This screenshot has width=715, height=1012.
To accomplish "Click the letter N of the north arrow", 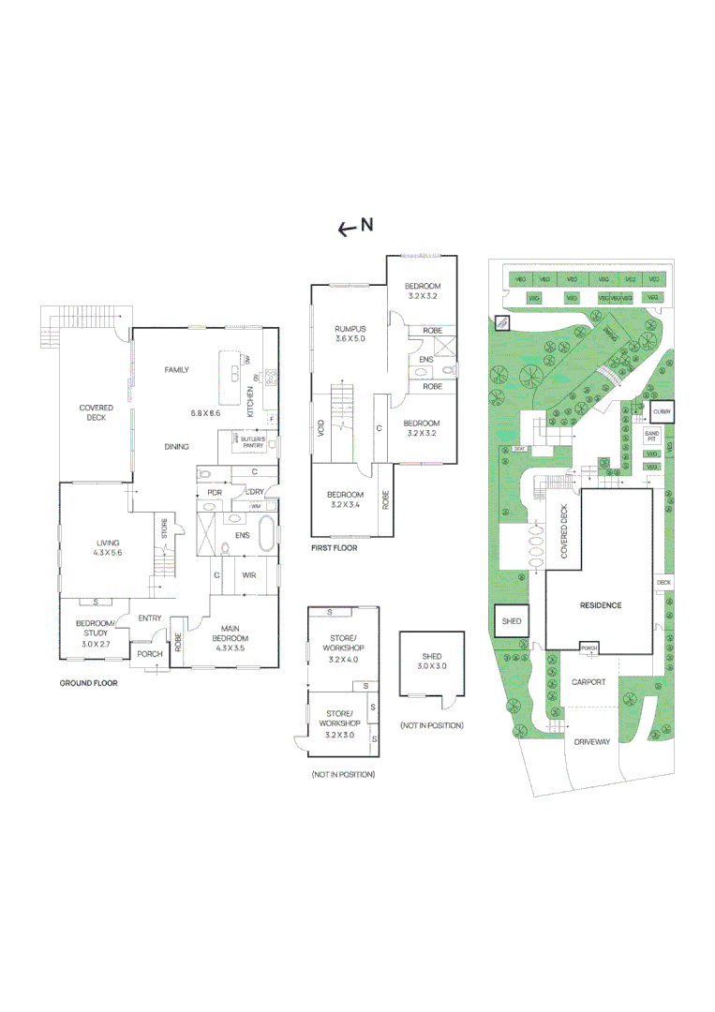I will tap(367, 224).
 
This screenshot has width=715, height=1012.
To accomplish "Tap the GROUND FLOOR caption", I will tap(88, 683).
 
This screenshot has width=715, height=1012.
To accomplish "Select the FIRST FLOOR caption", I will tap(334, 547).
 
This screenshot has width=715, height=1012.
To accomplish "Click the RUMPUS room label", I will tap(350, 329).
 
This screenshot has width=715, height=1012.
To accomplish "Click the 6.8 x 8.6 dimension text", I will tap(204, 412).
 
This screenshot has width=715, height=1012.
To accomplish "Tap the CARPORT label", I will tap(588, 682).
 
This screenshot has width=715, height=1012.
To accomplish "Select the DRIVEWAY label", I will tap(591, 741).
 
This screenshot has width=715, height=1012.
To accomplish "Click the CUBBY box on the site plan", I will tap(661, 410).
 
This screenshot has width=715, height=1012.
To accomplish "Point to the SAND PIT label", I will tap(652, 436).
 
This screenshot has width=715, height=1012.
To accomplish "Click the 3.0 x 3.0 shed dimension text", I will tap(431, 665).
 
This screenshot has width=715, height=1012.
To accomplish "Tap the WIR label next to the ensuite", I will tap(249, 574).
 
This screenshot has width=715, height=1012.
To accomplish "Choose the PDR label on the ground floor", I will tap(214, 492).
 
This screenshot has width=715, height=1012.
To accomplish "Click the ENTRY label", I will tap(150, 618).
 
